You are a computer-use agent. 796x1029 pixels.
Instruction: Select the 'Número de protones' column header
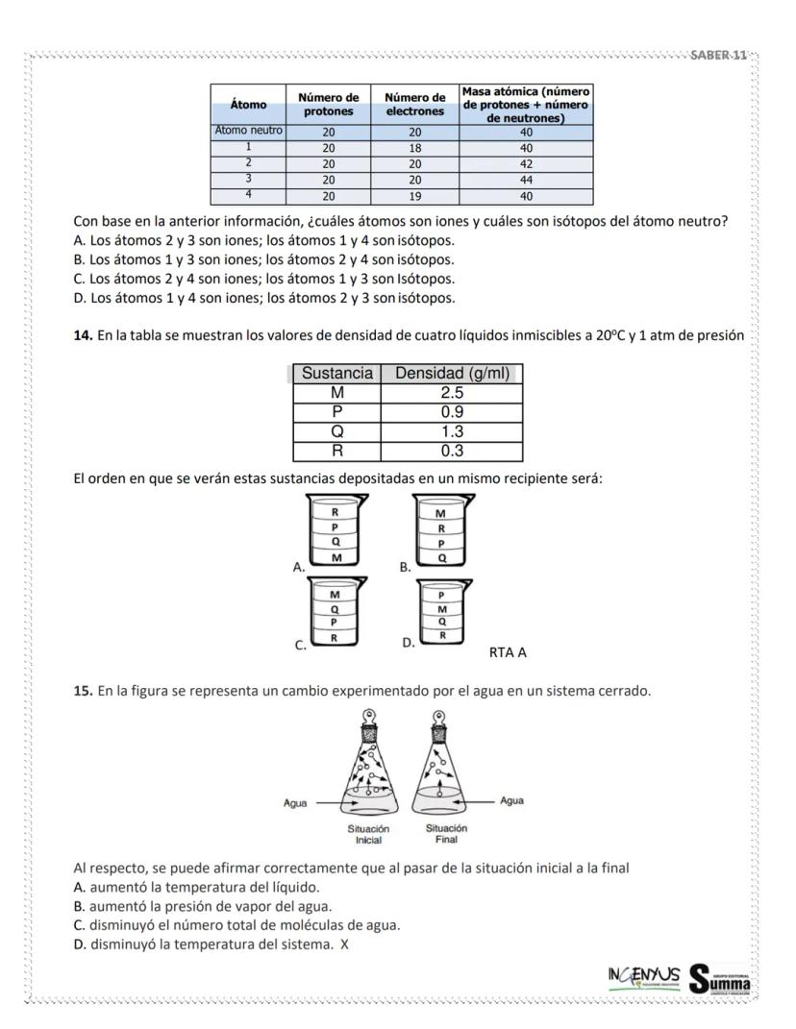[x=329, y=104]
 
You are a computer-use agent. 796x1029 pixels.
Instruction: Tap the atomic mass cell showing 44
[x=525, y=178]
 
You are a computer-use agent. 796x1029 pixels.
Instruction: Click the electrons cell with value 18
[x=414, y=149]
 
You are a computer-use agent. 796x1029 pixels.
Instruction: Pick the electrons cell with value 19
[x=414, y=195]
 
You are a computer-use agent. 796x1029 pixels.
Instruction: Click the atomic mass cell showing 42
[x=525, y=163]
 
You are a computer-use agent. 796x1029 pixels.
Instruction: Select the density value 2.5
[x=452, y=393]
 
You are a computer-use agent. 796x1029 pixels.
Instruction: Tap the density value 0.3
[x=452, y=451]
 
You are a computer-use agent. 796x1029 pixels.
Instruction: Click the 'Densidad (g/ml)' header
[x=452, y=374]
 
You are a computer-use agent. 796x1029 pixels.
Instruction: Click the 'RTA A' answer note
[x=509, y=652]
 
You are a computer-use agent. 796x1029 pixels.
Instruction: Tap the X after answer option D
[x=343, y=943]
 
